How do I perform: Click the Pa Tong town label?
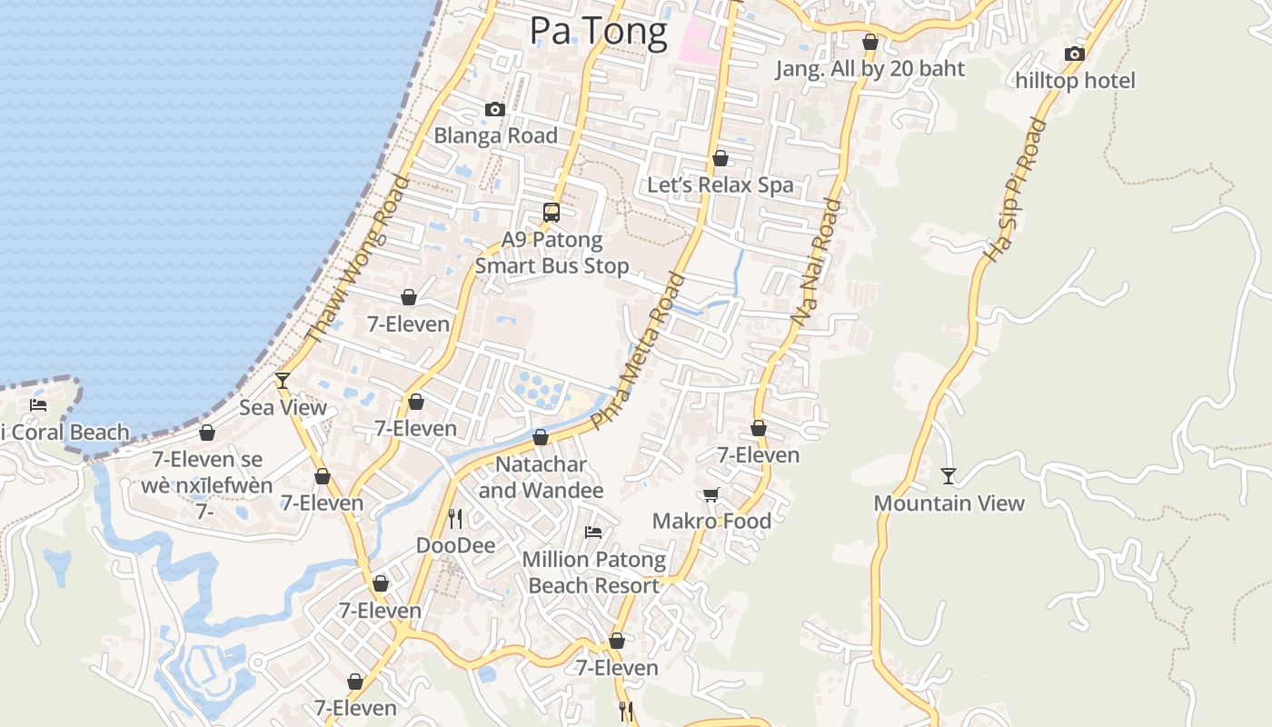[x=598, y=31]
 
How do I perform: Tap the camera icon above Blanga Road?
[x=495, y=110]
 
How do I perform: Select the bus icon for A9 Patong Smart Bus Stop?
[x=552, y=213]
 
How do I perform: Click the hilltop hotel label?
[x=1075, y=81]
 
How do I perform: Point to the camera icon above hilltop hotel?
[x=1075, y=55]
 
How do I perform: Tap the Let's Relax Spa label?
[x=720, y=184]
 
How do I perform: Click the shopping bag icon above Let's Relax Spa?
[x=720, y=158]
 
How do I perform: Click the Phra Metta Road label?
[x=636, y=350]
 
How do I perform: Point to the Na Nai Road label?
[x=815, y=263]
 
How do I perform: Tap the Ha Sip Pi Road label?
[x=1016, y=191]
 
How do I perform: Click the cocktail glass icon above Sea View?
[x=283, y=380]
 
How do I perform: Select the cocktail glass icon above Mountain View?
[x=949, y=475]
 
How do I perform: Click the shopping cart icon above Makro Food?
[x=711, y=494]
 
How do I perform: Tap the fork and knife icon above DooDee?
[x=455, y=518]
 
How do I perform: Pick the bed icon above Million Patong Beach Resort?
[x=593, y=532]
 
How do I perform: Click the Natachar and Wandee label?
[x=541, y=477]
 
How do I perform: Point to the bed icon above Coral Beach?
[x=38, y=404]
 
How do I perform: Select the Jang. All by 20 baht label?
[x=870, y=68]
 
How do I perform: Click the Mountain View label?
[x=949, y=503]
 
